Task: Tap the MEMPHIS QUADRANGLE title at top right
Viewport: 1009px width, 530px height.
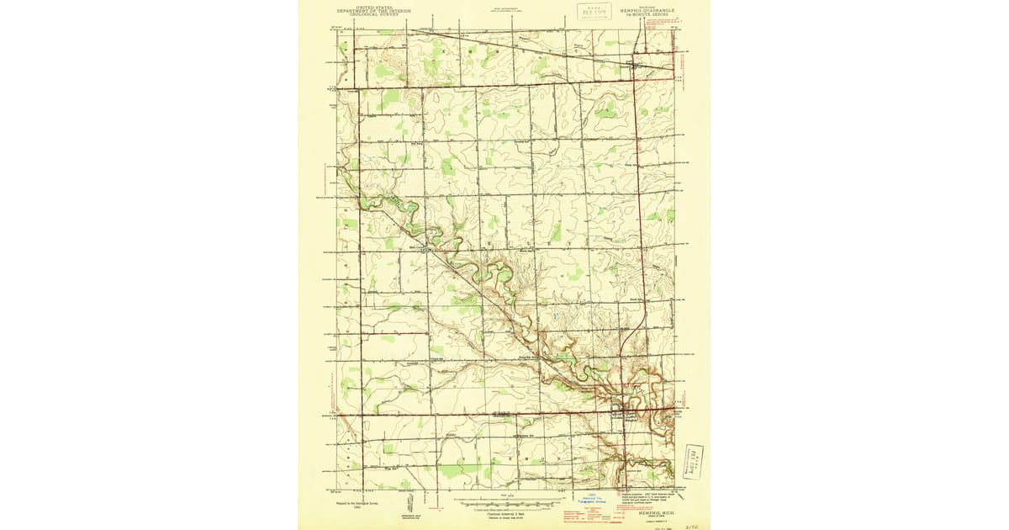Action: tap(648, 11)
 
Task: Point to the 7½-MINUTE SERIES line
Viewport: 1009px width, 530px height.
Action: tap(649, 16)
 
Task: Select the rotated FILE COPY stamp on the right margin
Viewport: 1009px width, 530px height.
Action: tap(695, 459)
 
